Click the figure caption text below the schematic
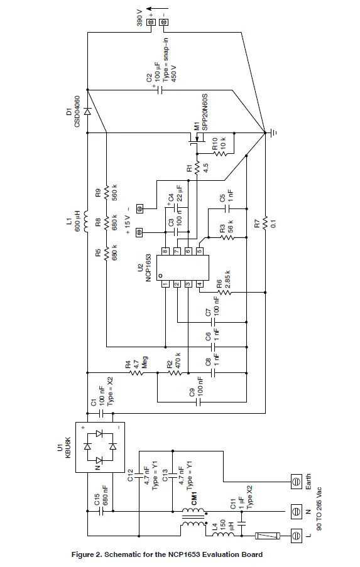click(x=168, y=554)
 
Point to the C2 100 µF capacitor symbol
click(x=160, y=89)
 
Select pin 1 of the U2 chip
click(x=165, y=284)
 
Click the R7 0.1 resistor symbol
click(x=266, y=222)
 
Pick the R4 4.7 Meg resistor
click(x=136, y=372)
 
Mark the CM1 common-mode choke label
click(x=195, y=499)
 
